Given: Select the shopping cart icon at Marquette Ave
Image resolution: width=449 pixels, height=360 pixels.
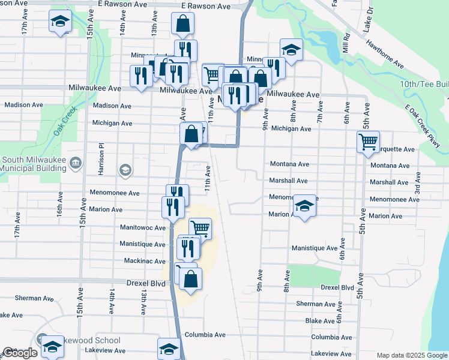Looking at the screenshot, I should pyautogui.click(x=368, y=142).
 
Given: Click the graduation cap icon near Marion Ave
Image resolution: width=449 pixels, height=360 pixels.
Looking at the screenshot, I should pyautogui.click(x=304, y=207).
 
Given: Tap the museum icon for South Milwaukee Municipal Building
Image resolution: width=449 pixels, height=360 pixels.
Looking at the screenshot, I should pyautogui.click(x=76, y=163).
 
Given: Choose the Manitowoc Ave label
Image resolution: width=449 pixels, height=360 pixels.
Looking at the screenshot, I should pyautogui.click(x=142, y=228).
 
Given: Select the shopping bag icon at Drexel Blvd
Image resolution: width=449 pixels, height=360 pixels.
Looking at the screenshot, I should pyautogui.click(x=190, y=279).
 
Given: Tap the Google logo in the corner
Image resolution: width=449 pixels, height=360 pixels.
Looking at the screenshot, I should pyautogui.click(x=20, y=353).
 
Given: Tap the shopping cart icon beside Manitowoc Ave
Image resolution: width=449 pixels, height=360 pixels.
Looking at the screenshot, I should pyautogui.click(x=200, y=228).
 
